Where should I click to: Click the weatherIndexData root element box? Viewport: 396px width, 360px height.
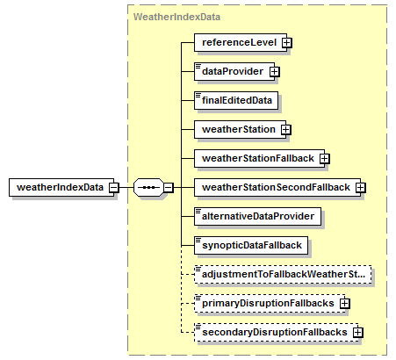pos(61,187)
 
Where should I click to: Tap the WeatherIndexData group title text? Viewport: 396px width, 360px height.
pos(176,17)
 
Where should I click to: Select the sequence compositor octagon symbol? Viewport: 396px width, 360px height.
pos(148,187)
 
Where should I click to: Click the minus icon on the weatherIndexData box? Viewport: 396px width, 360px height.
pos(114,187)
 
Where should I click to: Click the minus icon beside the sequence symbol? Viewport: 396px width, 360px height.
pos(169,187)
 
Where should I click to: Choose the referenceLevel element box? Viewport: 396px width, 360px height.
pos(241,42)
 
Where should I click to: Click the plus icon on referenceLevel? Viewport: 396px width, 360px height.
pos(287,43)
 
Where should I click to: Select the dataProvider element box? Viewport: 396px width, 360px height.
pos(234,71)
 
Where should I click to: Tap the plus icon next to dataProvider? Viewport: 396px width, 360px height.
pos(275,72)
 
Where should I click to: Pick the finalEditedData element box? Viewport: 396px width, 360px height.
pos(236,100)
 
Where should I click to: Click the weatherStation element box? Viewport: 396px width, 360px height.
pos(240,129)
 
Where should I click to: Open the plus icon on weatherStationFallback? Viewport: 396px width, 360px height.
pos(324,159)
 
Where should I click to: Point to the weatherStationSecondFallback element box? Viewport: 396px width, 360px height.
pos(277,187)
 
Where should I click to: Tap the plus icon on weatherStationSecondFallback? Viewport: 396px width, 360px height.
pos(361,188)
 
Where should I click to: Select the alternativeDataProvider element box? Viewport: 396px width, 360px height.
pos(257,216)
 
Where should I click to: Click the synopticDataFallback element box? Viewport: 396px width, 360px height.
pos(251,245)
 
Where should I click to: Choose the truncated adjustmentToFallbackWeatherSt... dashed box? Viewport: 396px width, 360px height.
pos(283,274)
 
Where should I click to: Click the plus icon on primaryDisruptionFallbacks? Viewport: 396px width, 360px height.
pos(345,304)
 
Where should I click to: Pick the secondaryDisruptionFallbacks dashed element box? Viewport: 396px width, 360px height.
pos(277,332)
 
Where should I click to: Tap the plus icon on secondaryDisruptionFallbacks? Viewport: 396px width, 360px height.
pos(358,333)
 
